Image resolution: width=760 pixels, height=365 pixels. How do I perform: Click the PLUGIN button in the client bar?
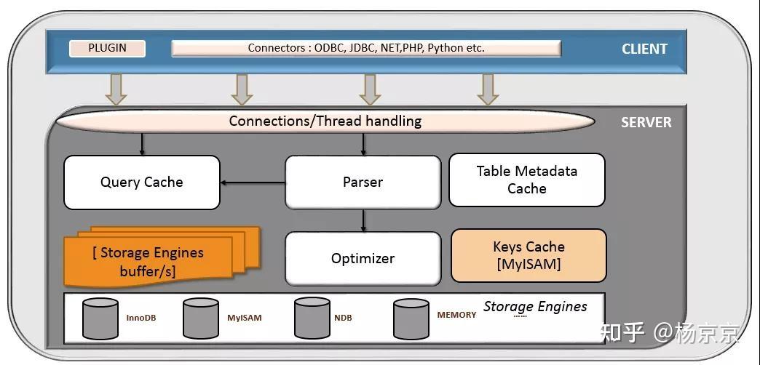tap(107, 49)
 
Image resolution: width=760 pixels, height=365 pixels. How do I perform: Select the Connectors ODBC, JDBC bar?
tap(365, 49)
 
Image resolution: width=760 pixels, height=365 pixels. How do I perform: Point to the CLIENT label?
tap(644, 49)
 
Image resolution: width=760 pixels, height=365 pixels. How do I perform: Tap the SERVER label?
tap(646, 122)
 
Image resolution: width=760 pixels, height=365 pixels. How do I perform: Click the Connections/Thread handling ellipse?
tap(325, 121)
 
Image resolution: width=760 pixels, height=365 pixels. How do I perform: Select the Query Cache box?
tap(142, 182)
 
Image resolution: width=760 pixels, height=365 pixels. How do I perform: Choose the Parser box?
tap(363, 182)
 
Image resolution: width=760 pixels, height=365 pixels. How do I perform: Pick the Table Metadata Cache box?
tap(526, 180)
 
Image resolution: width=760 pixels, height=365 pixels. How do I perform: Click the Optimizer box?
tap(363, 258)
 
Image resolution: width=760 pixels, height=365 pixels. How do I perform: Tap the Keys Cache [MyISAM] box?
tap(529, 255)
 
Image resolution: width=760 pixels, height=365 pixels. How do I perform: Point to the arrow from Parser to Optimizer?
tap(363, 220)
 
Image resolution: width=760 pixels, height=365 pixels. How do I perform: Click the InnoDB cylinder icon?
tap(100, 318)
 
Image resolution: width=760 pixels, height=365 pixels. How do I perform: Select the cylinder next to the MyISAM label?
tap(200, 318)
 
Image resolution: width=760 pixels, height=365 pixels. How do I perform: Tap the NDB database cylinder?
tap(312, 318)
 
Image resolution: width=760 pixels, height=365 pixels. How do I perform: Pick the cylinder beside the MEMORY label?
tap(411, 318)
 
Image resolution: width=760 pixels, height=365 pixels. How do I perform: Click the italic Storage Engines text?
tap(535, 306)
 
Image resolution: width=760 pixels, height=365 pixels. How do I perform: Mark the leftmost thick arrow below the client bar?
tap(116, 89)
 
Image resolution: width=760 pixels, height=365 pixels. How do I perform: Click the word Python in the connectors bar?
tap(446, 49)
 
